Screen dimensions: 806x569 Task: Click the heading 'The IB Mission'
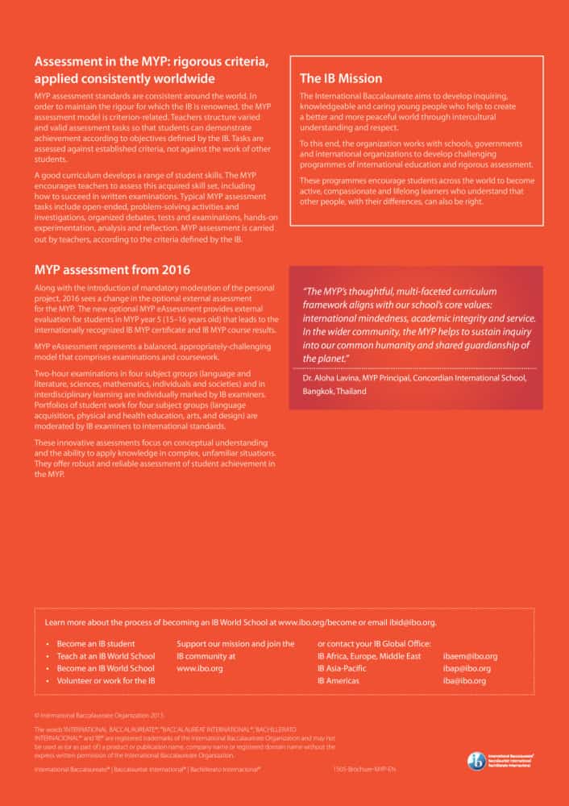point(341,79)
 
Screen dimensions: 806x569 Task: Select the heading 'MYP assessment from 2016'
point(112,269)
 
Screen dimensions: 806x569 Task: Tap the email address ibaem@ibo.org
point(470,656)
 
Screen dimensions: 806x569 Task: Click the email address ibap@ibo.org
point(467,668)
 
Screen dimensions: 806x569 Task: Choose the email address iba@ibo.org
point(464,681)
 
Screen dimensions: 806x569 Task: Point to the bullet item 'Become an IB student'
point(96,644)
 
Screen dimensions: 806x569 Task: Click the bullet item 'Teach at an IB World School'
point(106,656)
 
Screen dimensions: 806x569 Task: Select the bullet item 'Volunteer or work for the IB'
point(106,681)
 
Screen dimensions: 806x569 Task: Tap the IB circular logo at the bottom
point(476,761)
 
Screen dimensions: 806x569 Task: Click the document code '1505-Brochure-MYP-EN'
point(364,770)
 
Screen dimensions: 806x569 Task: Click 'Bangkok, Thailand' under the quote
point(334,391)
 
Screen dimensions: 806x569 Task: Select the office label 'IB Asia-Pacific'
point(342,668)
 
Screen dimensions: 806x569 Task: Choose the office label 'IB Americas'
point(338,681)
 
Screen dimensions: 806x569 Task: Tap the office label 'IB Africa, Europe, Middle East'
point(369,656)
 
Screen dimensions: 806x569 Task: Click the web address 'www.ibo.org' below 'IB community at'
point(200,668)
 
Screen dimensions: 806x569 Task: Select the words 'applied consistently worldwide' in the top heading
point(124,79)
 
